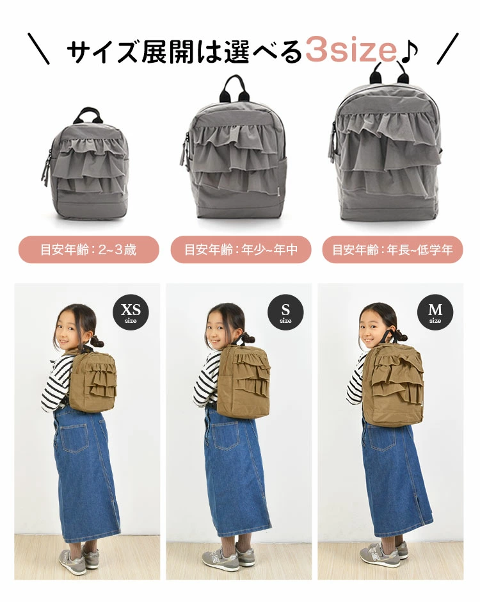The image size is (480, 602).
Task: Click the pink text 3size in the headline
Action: pos(351,51)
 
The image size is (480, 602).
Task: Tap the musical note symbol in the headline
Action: pos(409,51)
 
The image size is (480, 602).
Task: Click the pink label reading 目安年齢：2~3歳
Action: pos(88,250)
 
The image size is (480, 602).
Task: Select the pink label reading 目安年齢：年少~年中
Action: pos(241,250)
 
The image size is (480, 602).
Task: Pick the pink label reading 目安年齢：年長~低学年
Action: pos(392,250)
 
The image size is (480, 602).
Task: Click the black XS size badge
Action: pos(131,313)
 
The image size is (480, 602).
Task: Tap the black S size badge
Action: pos(285,313)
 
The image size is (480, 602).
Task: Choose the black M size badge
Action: pos(435,313)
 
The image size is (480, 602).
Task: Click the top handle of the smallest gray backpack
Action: pos(88,115)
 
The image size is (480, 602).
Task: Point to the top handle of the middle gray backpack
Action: pos(234,88)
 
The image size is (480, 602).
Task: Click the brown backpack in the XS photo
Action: pos(92,381)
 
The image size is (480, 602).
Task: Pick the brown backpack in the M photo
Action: pos(392,384)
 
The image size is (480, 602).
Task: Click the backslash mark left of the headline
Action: pos(39,49)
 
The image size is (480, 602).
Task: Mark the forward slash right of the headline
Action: pos(448,49)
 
